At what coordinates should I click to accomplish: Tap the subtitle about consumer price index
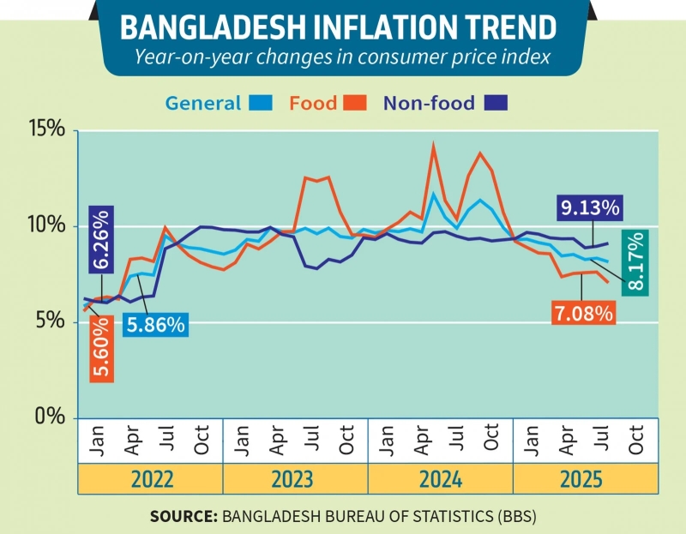click(343, 57)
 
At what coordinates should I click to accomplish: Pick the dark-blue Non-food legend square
click(495, 104)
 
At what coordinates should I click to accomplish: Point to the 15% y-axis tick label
click(45, 130)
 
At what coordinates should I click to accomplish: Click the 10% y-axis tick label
click(45, 226)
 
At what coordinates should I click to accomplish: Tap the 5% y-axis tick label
click(50, 321)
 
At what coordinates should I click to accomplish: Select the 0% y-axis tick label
click(50, 417)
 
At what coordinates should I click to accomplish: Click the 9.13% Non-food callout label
click(590, 207)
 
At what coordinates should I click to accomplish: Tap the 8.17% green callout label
click(637, 262)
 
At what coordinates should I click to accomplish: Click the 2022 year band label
click(151, 479)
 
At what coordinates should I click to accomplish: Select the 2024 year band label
click(440, 479)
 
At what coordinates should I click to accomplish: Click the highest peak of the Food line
click(434, 145)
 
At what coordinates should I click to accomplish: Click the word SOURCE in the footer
click(184, 516)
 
